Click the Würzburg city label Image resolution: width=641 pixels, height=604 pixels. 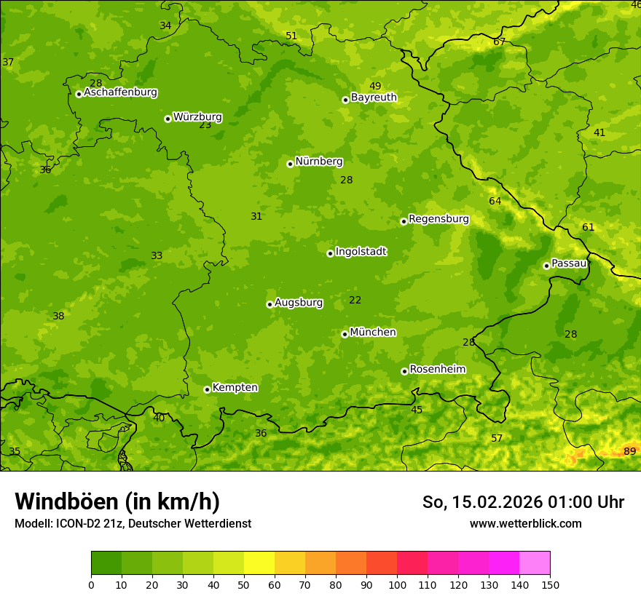point(197,117)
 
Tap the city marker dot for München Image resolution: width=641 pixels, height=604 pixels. point(345,334)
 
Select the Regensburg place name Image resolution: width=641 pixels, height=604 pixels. point(439,219)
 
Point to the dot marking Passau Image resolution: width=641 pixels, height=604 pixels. point(546,266)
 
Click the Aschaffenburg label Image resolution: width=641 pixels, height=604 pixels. point(120,92)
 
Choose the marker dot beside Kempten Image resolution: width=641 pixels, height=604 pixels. point(207,389)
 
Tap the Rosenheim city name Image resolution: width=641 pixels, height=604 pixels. point(437,370)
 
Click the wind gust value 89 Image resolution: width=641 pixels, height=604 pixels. point(629,451)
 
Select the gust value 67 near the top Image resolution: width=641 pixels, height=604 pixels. point(499,41)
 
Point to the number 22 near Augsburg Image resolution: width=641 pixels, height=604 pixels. point(355,300)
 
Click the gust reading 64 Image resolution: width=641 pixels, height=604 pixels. point(495,201)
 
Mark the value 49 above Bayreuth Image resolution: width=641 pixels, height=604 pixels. point(375,86)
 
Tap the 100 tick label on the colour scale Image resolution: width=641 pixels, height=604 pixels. point(397,585)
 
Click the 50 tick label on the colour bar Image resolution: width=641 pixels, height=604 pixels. point(244,585)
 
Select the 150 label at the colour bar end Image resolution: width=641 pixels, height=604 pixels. point(550,585)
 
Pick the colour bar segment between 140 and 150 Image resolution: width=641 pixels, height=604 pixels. point(535,563)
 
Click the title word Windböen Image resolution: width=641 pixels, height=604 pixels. point(66,501)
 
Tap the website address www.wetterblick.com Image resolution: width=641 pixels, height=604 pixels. point(525,523)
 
